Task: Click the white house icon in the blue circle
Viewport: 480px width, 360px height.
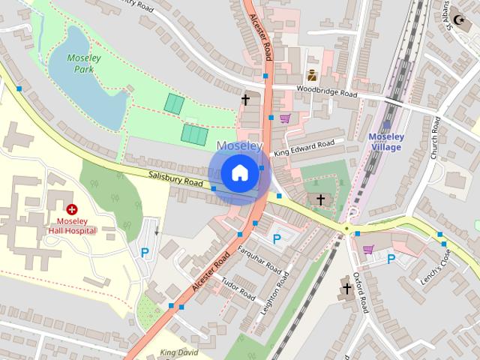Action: pos(238,172)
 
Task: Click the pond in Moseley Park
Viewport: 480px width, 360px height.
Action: pos(85,82)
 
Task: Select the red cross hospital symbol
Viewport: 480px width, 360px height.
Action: pos(72,211)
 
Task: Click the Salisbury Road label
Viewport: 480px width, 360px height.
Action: pos(174,178)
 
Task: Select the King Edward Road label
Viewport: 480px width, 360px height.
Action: pos(304,148)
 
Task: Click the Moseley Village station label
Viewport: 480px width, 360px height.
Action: pos(386,142)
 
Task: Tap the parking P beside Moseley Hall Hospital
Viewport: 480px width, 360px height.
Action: pos(144,253)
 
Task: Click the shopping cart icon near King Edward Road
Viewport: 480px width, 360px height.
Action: pos(285,118)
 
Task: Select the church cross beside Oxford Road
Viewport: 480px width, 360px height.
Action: pos(346,288)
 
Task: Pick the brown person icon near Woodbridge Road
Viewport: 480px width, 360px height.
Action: pos(311,75)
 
